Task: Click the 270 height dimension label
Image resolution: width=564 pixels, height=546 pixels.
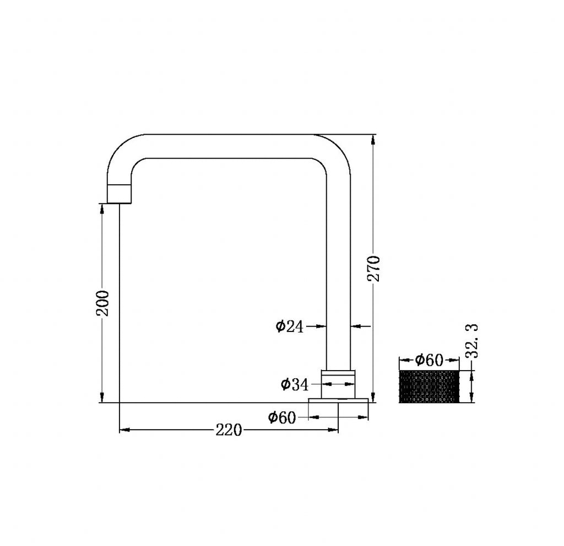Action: (373, 268)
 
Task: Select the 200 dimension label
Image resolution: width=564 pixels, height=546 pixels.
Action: (103, 302)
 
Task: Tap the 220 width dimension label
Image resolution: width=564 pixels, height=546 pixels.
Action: (229, 430)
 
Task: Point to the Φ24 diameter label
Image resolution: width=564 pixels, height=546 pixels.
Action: (290, 326)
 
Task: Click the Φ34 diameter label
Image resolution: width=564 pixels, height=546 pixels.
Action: (295, 384)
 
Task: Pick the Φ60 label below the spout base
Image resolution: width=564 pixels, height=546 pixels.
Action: (282, 417)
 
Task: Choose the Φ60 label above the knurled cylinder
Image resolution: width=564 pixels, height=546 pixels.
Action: (429, 361)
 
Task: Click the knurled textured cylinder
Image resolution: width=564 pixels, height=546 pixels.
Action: (429, 387)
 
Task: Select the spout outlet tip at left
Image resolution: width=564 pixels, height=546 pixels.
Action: (120, 194)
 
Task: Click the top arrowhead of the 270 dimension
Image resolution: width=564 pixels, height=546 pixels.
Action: (374, 139)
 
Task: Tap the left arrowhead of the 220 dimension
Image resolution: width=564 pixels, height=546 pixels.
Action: (124, 430)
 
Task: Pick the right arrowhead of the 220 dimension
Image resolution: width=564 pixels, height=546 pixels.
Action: (333, 430)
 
